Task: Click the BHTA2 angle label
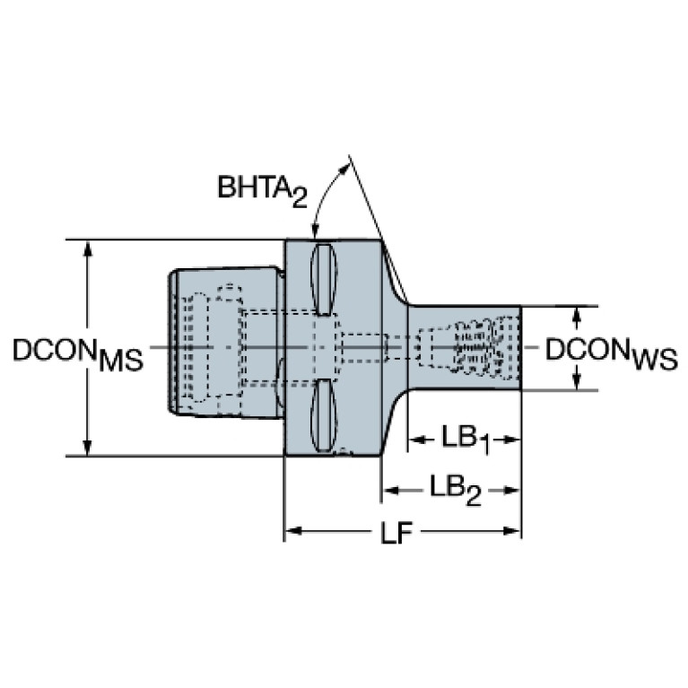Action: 263,190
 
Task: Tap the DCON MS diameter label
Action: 78,354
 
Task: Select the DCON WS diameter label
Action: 611,354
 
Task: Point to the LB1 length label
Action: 466,440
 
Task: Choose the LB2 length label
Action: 455,490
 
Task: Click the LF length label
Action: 396,531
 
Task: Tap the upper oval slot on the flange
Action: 324,280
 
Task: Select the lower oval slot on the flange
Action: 324,415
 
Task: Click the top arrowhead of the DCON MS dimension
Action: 88,248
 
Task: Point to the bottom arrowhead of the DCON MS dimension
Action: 88,449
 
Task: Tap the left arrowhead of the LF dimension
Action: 293,531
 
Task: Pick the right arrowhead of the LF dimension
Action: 512,531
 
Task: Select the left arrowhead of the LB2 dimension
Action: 389,490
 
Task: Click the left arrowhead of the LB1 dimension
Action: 417,440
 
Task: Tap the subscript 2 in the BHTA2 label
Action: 300,199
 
